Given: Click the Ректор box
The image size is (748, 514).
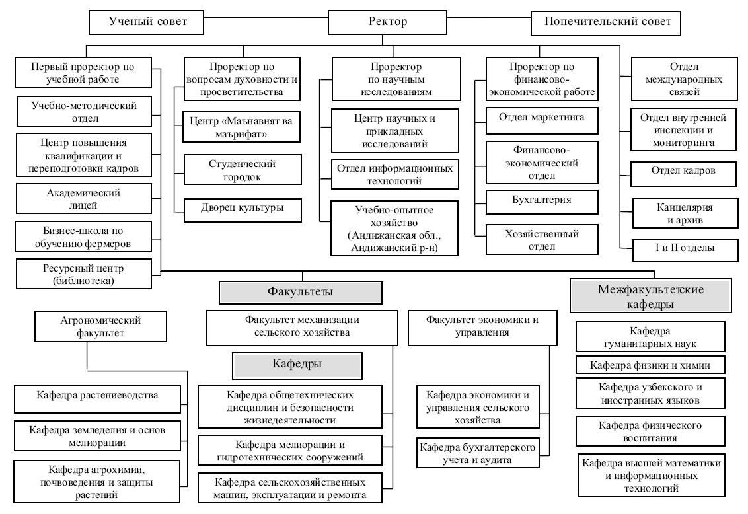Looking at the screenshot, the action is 387,22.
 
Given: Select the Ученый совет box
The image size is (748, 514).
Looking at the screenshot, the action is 147,22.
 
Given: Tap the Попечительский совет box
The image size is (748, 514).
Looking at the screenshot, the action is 606,23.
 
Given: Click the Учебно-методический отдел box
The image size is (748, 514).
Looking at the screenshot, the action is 84,112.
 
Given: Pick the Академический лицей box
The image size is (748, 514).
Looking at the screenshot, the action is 84,198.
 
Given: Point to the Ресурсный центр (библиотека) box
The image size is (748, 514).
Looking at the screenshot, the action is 84,274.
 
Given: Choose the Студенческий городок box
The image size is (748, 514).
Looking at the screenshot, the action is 243,169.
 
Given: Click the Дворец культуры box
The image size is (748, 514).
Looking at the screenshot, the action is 243,210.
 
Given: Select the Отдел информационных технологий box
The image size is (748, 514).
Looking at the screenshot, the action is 395,174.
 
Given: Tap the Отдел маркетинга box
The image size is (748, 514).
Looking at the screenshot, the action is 542,121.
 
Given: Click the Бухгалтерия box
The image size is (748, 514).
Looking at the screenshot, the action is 542,202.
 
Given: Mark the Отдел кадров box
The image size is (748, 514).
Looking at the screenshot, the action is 684,174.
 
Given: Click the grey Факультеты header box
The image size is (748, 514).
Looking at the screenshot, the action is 301,292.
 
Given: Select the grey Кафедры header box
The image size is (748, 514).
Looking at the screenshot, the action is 297,366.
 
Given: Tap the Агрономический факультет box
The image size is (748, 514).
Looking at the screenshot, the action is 100,326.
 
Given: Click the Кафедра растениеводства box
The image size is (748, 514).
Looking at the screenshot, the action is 97,399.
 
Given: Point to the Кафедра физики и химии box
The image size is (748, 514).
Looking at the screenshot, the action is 650,365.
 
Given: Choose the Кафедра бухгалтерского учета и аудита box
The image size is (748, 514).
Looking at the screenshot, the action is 478,453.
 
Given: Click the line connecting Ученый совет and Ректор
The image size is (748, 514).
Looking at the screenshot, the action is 266,18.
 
